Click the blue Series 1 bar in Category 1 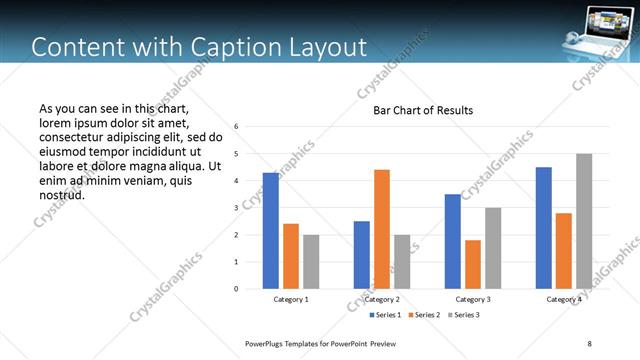tap(271, 231)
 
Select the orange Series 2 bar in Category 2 tap(382, 229)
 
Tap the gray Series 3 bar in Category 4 tap(584, 221)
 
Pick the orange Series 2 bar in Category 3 tap(473, 264)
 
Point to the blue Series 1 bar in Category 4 tap(544, 228)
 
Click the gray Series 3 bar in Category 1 tap(311, 262)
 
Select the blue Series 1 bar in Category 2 tap(362, 255)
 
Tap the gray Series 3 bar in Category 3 tap(493, 248)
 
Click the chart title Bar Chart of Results tap(423, 110)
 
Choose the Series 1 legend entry tap(387, 315)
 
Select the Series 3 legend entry tap(466, 315)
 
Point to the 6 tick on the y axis tap(236, 127)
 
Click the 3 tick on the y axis tap(236, 208)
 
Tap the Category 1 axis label tap(291, 299)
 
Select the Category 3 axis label tap(473, 299)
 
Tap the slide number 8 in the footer tap(590, 344)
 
